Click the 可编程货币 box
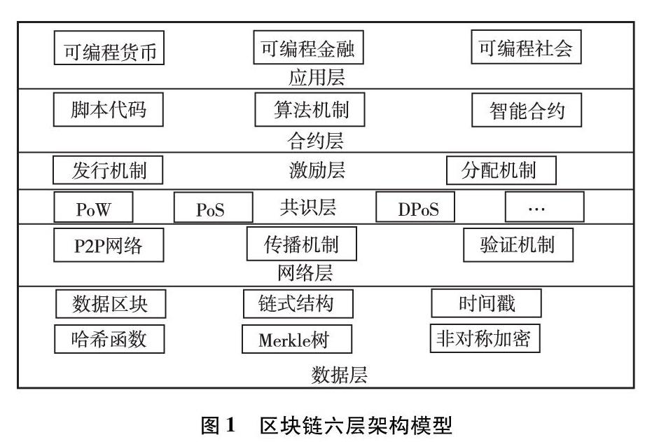[x=109, y=50]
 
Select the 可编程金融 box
[x=308, y=48]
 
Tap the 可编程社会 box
[x=525, y=48]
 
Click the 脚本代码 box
[x=109, y=109]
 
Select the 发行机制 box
[x=108, y=170]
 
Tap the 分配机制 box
[x=501, y=170]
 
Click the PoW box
[x=93, y=207]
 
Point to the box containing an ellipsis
[x=544, y=207]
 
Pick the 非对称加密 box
[x=484, y=339]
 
